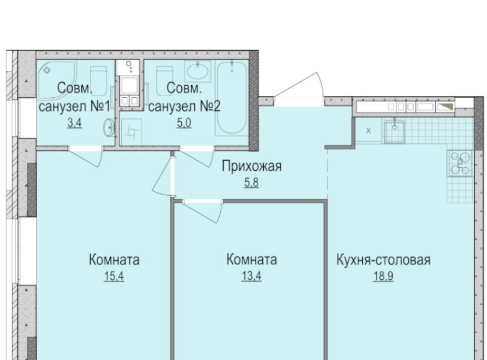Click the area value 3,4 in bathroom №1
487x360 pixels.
click(x=75, y=123)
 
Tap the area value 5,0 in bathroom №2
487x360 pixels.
click(x=184, y=123)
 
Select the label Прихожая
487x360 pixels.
click(x=252, y=166)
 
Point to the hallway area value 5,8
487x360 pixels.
click(x=251, y=183)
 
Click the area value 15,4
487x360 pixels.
click(x=114, y=276)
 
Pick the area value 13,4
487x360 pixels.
click(x=251, y=276)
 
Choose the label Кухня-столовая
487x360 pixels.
click(x=384, y=260)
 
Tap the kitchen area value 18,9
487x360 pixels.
click(x=384, y=276)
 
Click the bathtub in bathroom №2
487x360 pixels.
click(x=232, y=98)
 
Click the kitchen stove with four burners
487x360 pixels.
click(x=460, y=163)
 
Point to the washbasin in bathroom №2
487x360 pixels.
click(x=197, y=71)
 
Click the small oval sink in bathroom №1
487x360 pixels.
click(x=109, y=128)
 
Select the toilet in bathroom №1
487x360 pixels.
click(x=98, y=81)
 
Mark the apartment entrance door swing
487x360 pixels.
click(x=299, y=86)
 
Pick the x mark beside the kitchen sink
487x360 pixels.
click(x=368, y=131)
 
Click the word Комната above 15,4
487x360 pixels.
click(x=114, y=260)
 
